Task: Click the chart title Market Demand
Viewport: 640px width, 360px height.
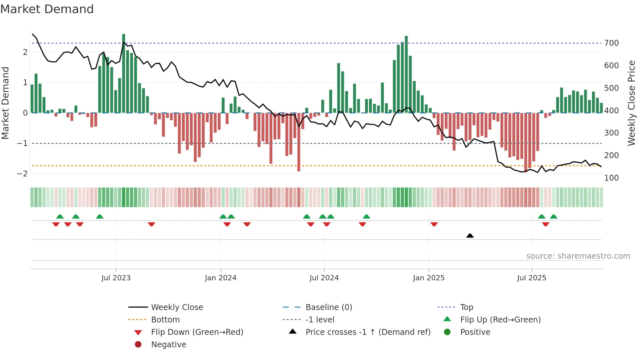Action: (47, 9)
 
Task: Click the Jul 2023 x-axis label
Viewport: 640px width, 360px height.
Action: (116, 278)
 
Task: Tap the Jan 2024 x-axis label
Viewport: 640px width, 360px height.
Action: (220, 278)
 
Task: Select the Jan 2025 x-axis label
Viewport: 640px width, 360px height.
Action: (428, 278)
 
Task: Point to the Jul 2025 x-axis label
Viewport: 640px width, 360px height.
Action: (532, 278)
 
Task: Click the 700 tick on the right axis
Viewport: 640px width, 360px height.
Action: (611, 43)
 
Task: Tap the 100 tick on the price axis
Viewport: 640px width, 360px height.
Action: (611, 178)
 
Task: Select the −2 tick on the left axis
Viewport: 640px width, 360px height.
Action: (22, 173)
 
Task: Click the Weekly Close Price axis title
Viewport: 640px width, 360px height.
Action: (632, 103)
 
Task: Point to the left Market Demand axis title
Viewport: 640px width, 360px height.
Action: (5, 103)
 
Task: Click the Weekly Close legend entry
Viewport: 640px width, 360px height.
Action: (177, 307)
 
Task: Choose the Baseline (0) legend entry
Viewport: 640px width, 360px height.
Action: (328, 307)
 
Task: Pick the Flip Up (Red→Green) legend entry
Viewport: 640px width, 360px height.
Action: (500, 320)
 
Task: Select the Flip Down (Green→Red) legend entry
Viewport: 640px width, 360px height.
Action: (197, 332)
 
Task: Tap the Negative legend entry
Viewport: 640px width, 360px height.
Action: (168, 345)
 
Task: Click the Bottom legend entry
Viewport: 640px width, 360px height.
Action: (165, 320)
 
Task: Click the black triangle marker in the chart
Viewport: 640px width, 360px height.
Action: (470, 236)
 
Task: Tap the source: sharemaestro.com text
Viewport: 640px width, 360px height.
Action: (578, 256)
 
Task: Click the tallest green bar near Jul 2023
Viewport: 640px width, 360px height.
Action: (124, 74)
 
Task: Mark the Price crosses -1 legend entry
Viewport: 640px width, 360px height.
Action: (368, 332)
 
